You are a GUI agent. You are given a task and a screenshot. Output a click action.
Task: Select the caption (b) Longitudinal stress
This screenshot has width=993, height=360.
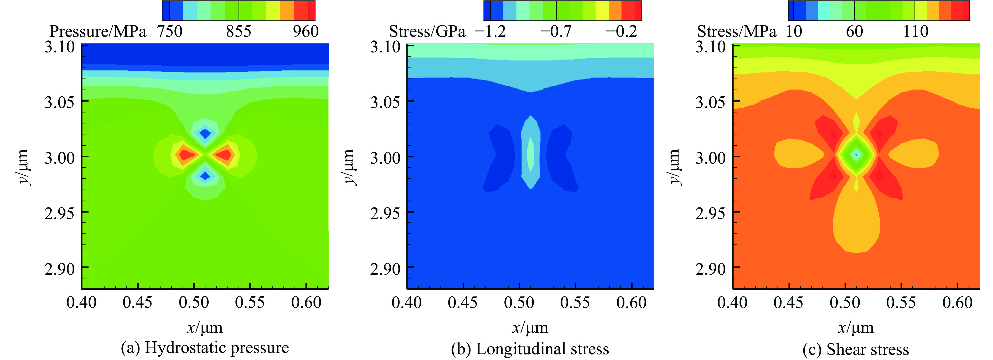coord(530,349)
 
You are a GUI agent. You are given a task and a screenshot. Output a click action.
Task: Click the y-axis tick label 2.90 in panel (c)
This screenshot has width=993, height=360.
coord(710,269)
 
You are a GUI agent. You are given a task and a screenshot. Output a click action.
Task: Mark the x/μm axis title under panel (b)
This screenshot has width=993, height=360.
coord(530,328)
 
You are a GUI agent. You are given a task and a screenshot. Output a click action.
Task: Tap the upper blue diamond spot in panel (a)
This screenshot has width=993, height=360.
coord(205,134)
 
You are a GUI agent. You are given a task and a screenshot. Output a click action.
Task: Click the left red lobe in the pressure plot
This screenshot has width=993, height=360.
coord(187,155)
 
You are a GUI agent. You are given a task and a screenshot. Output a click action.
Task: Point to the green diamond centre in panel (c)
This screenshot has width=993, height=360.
coord(856,155)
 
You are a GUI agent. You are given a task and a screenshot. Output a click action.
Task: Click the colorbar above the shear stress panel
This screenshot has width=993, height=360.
coord(878,11)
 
